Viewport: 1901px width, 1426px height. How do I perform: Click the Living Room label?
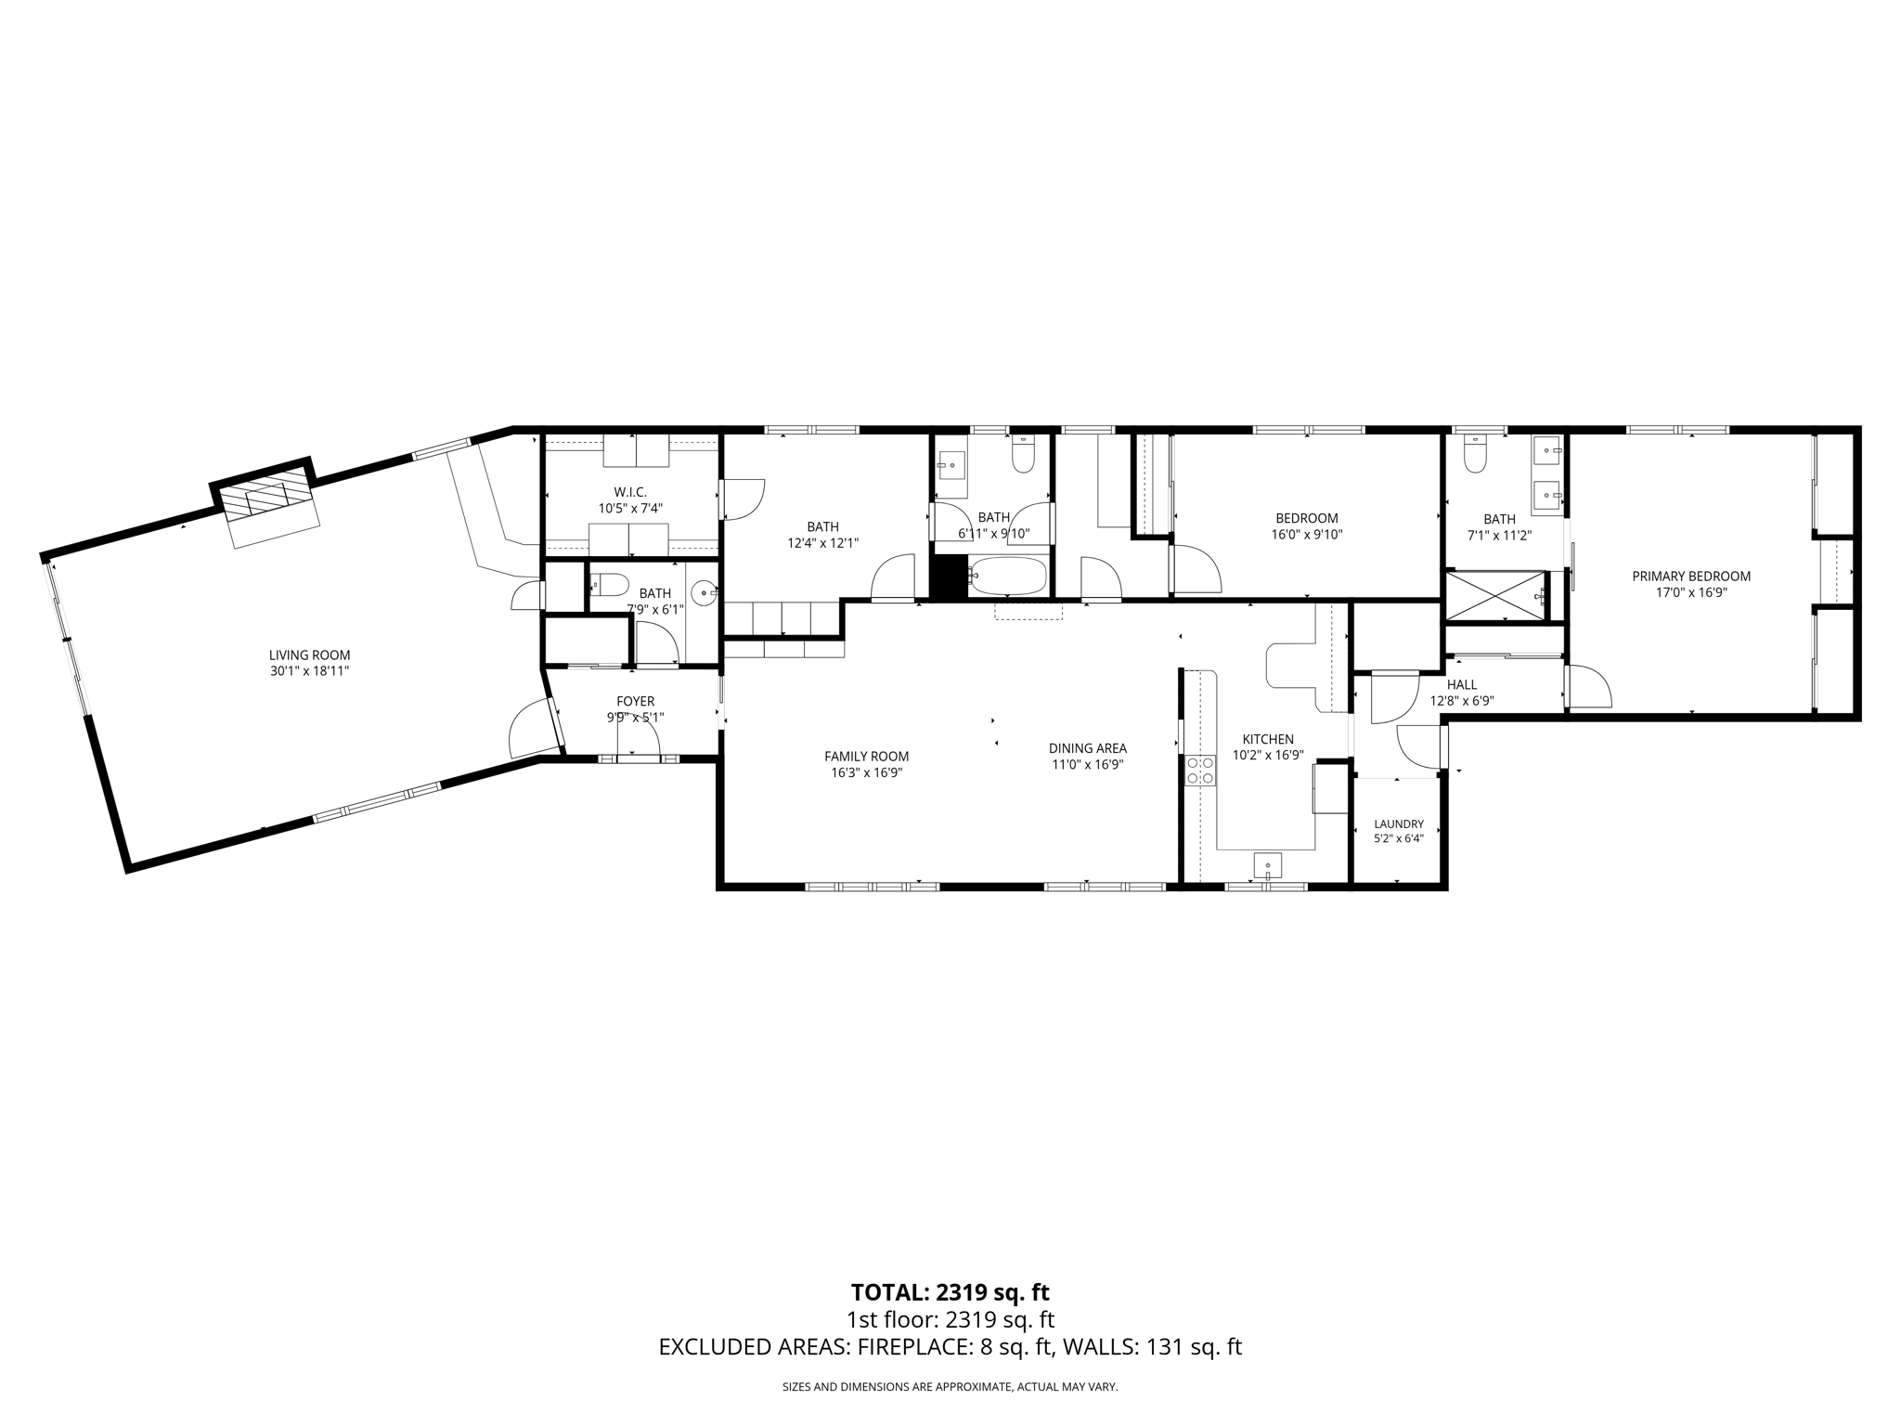[309, 655]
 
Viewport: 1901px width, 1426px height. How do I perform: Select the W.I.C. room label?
[630, 492]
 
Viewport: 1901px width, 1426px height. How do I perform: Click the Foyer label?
[636, 701]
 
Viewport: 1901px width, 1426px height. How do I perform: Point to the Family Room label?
[867, 756]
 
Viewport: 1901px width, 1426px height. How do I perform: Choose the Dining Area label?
[1088, 748]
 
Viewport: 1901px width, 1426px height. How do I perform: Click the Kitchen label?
[1268, 739]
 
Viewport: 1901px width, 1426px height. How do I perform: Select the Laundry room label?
[1399, 823]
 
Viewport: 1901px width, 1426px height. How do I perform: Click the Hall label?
[1462, 685]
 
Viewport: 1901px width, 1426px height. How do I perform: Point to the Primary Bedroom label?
[1691, 577]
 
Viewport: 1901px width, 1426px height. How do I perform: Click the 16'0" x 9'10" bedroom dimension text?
[1307, 535]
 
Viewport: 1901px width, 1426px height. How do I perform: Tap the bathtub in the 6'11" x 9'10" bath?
[1007, 576]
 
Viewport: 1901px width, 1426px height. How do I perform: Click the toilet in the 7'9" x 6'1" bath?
[608, 584]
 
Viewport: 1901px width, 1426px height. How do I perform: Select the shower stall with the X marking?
[1496, 595]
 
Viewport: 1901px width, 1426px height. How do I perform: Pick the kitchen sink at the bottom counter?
[1268, 864]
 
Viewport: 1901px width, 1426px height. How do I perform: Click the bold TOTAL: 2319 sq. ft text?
[950, 1292]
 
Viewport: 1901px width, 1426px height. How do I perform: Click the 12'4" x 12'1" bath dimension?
[822, 543]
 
